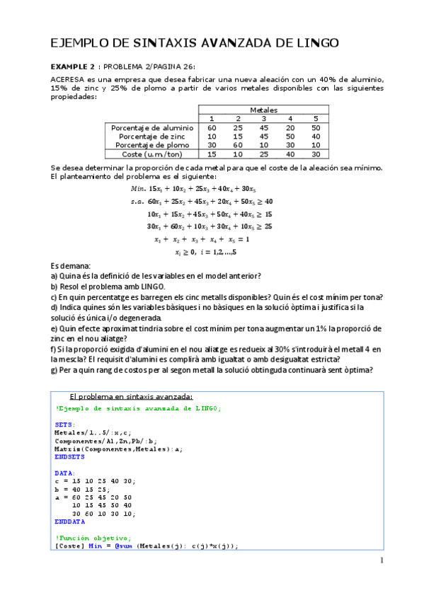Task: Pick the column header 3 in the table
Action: pos(263,118)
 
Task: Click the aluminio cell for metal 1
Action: pos(211,127)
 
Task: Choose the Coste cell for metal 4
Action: pos(290,154)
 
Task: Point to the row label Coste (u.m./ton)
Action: pos(151,154)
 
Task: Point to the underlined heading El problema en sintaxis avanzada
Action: pos(131,396)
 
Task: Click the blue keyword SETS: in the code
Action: pos(65,425)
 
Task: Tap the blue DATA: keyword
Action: pos(65,472)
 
